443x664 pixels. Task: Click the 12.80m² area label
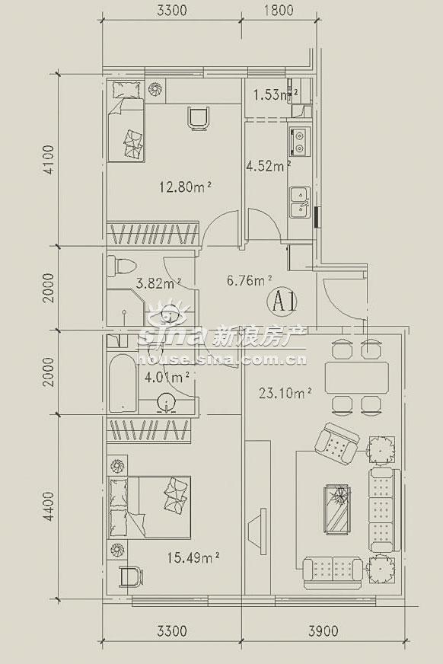185,187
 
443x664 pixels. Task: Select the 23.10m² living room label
285,394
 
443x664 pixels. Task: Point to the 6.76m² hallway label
250,280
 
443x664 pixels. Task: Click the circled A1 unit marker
282,302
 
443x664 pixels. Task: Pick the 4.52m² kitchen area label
268,166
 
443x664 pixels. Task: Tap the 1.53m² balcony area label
276,94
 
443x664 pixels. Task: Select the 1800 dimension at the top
279,10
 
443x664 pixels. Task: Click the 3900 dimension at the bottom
323,631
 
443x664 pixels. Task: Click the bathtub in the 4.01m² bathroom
123,384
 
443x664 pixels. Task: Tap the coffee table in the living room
337,509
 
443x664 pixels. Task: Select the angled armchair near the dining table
337,444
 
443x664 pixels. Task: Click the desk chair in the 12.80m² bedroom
199,118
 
